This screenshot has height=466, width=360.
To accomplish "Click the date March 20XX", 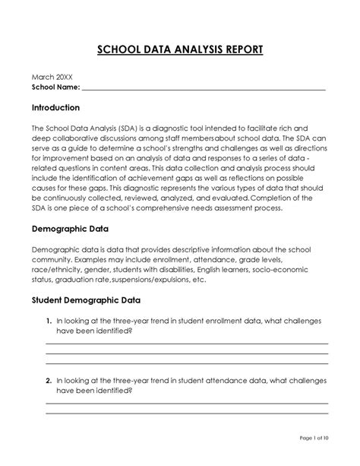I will pyautogui.click(x=51, y=78).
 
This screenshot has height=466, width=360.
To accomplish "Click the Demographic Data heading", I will pyautogui.click(x=70, y=228).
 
